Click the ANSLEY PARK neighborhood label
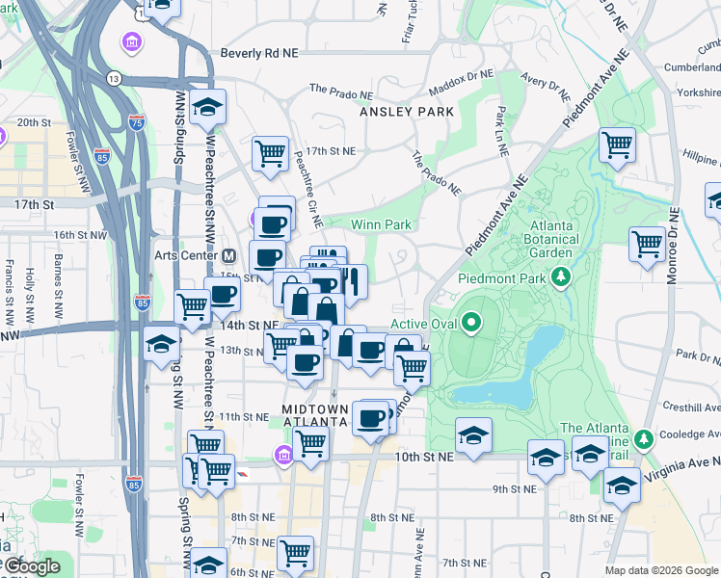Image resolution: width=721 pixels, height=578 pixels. click(x=406, y=112)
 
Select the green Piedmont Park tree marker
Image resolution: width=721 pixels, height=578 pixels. click(x=561, y=277)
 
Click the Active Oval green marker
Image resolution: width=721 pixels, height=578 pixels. click(x=471, y=323)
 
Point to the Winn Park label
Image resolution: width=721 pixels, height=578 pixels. click(x=381, y=224)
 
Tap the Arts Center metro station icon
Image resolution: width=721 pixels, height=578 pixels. click(x=229, y=256)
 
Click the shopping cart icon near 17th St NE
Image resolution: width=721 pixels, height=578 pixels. click(x=271, y=153)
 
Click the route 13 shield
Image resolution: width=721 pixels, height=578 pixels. click(x=115, y=77)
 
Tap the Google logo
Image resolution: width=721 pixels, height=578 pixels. click(x=31, y=565)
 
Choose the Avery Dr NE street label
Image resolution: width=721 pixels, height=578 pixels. click(x=542, y=76)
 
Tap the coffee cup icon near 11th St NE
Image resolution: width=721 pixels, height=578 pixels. click(x=369, y=419)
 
